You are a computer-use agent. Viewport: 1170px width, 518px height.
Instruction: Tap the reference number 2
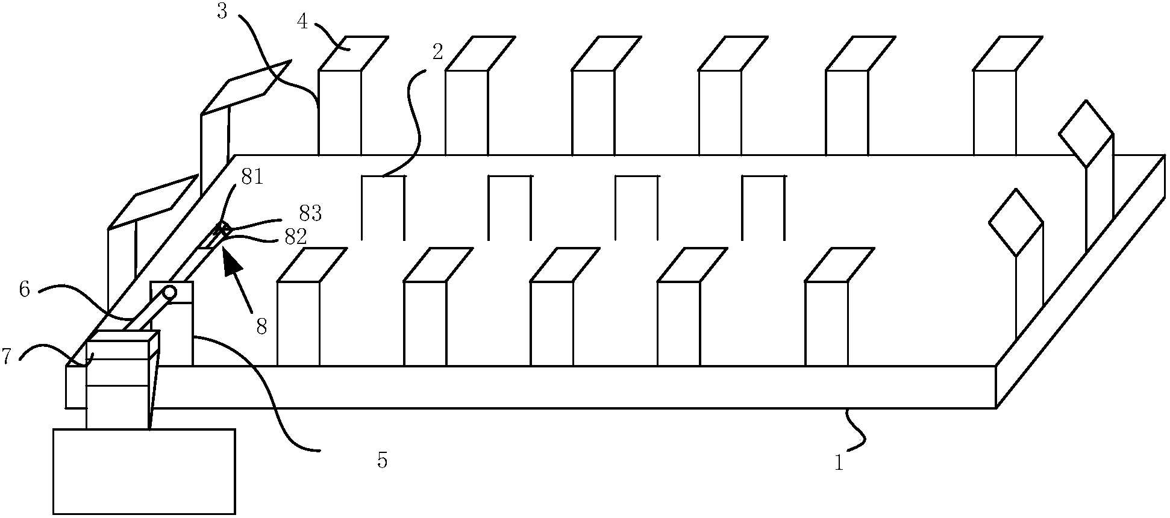click(438, 52)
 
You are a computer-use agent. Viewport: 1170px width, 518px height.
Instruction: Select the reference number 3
click(222, 11)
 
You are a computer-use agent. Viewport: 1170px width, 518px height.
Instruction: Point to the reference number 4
click(302, 22)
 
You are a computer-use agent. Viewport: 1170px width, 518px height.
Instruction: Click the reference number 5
click(382, 461)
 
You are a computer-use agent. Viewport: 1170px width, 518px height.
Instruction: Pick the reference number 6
click(25, 290)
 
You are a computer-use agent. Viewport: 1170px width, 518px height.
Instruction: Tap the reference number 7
click(7, 357)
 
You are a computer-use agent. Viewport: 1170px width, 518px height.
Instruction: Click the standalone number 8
click(261, 326)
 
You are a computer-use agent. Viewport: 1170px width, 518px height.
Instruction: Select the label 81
click(252, 178)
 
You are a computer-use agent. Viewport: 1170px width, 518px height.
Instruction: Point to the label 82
click(295, 237)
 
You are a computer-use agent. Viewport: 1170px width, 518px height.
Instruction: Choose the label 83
click(310, 213)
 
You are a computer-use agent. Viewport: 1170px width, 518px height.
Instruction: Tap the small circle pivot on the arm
click(169, 293)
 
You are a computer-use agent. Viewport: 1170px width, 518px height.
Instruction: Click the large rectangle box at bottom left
click(143, 471)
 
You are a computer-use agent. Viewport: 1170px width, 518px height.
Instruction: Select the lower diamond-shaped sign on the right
click(1016, 222)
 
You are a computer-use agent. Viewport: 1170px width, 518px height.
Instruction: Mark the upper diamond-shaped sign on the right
click(1086, 133)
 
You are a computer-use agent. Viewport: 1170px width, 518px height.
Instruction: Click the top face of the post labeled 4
click(352, 53)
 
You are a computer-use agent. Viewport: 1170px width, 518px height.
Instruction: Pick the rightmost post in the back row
click(995, 112)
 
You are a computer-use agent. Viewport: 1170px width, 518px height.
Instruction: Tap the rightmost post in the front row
click(826, 323)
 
